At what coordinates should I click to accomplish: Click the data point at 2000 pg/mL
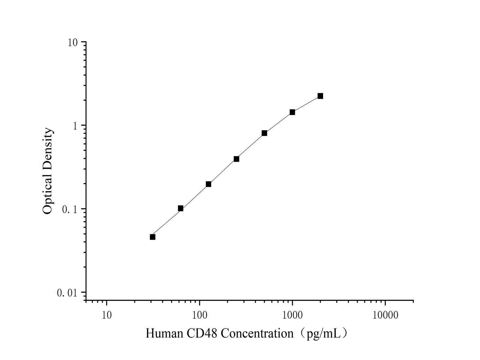(x=320, y=96)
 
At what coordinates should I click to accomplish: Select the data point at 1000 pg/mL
(x=292, y=112)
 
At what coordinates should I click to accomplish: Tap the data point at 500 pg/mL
(x=264, y=133)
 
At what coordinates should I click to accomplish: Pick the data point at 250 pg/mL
(x=236, y=159)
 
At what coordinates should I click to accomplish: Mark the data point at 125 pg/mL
(x=208, y=184)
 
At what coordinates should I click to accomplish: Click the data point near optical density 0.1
(x=181, y=208)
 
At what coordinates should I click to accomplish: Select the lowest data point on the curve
(x=153, y=237)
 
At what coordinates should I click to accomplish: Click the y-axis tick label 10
(x=73, y=43)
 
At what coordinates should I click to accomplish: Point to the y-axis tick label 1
(x=75, y=126)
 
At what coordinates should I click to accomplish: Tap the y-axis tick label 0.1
(x=70, y=209)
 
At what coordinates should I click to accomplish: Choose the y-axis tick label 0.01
(x=67, y=293)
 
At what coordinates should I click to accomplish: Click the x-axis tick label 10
(x=106, y=315)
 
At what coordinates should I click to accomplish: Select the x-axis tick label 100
(x=199, y=315)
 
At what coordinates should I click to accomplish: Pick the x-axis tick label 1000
(x=292, y=315)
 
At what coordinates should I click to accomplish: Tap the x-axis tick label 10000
(x=385, y=315)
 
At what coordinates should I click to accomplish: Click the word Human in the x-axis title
(x=164, y=333)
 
